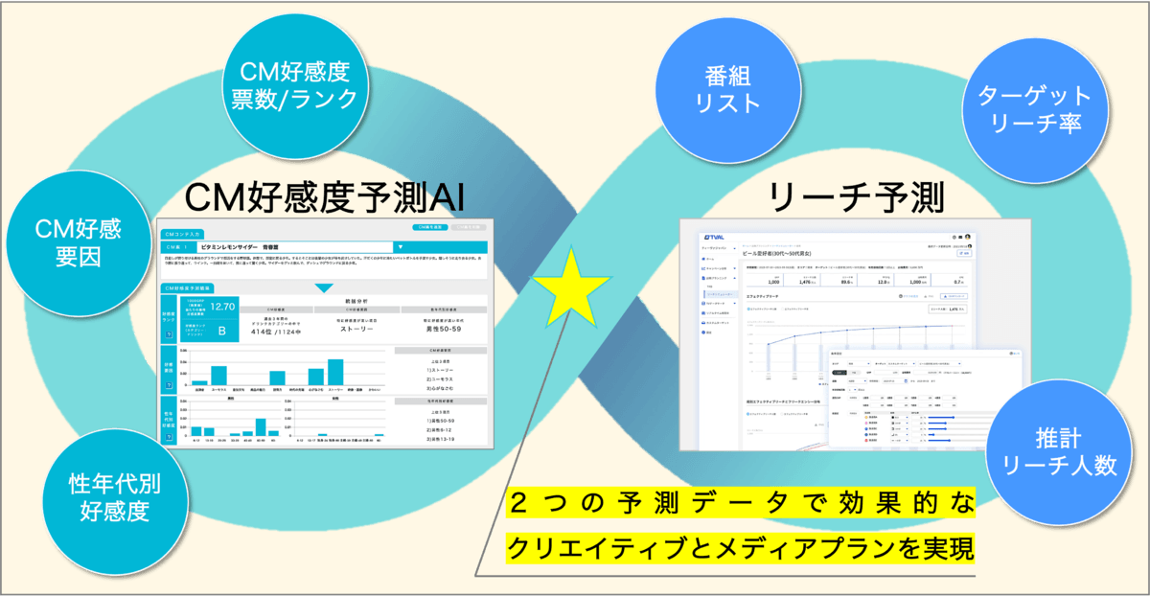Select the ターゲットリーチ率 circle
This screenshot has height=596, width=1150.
coord(1034,111)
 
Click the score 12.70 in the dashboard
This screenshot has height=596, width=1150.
coord(221,307)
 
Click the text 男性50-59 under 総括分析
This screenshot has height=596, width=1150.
coord(441,330)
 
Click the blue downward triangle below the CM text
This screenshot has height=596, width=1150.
coord(325,287)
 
